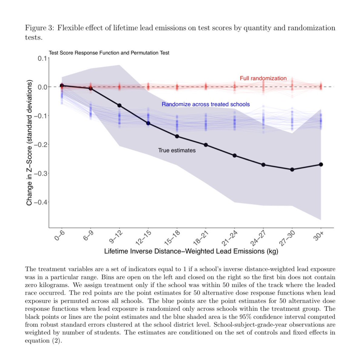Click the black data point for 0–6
click(x=62, y=86)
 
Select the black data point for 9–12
click(x=119, y=105)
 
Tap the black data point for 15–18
click(x=177, y=136)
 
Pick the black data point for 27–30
click(x=292, y=170)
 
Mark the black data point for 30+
click(x=321, y=164)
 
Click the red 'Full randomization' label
click(x=263, y=78)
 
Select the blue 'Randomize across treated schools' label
click(x=206, y=104)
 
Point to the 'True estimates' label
click(x=177, y=150)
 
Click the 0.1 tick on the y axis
click(x=42, y=58)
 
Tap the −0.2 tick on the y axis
click(x=41, y=145)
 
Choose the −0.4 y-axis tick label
click(x=41, y=202)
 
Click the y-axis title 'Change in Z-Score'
click(x=29, y=143)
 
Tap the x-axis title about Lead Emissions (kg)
click(x=191, y=251)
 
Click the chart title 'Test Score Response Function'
click(x=109, y=53)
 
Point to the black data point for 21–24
click(x=234, y=156)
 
